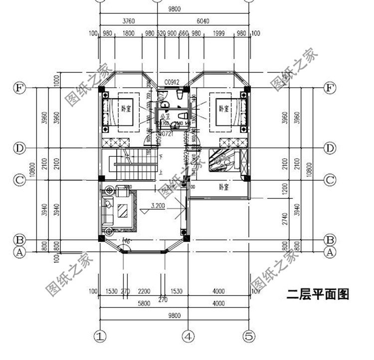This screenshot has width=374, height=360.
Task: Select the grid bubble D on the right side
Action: click(x=329, y=148)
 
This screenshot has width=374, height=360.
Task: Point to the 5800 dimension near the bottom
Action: click(x=129, y=304)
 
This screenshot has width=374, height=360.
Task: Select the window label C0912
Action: click(x=172, y=81)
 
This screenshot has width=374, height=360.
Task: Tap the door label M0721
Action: click(x=166, y=134)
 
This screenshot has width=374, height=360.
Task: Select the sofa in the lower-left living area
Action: click(x=107, y=210)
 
